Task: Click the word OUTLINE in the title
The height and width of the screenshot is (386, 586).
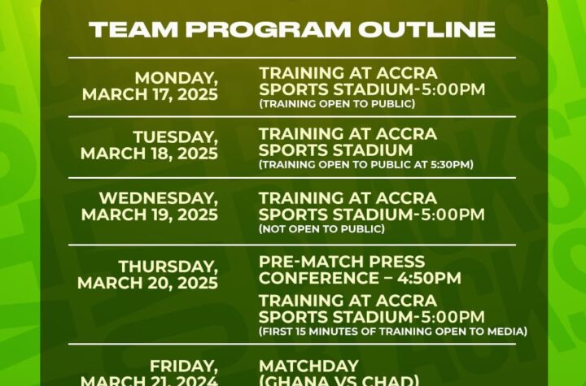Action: click(x=427, y=29)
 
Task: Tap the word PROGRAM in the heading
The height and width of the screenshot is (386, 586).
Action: click(x=269, y=29)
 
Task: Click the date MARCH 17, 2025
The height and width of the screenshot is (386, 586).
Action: click(x=150, y=94)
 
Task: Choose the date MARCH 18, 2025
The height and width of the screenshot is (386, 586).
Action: click(x=149, y=154)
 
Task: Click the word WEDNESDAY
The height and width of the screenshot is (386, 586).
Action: click(x=159, y=198)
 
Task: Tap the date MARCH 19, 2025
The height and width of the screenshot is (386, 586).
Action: click(x=150, y=215)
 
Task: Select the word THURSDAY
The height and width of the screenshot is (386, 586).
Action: click(x=168, y=267)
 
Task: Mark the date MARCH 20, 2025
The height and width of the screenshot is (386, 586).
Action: click(x=147, y=283)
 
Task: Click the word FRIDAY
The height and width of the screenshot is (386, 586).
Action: click(x=184, y=366)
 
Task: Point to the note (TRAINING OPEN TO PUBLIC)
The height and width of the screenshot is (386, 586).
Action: click(x=337, y=104)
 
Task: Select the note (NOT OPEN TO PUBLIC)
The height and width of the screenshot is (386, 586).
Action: click(x=321, y=228)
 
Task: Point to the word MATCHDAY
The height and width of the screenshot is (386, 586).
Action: click(x=308, y=366)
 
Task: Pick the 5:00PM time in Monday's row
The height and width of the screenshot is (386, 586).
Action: click(x=453, y=89)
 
